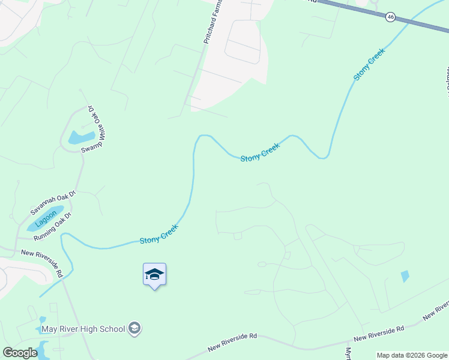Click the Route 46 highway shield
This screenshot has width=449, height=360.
391,17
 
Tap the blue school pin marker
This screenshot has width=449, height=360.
154,275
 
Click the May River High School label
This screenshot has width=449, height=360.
83,329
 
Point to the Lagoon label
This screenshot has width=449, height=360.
46,220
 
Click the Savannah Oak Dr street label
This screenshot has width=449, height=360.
53,202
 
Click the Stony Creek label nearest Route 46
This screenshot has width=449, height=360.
369,65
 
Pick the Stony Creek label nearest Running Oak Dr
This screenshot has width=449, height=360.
158,233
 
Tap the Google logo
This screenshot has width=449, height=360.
20,353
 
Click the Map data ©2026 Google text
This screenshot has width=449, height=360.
412,355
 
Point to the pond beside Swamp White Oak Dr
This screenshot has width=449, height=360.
82,137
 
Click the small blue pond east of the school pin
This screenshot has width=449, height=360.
405,276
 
